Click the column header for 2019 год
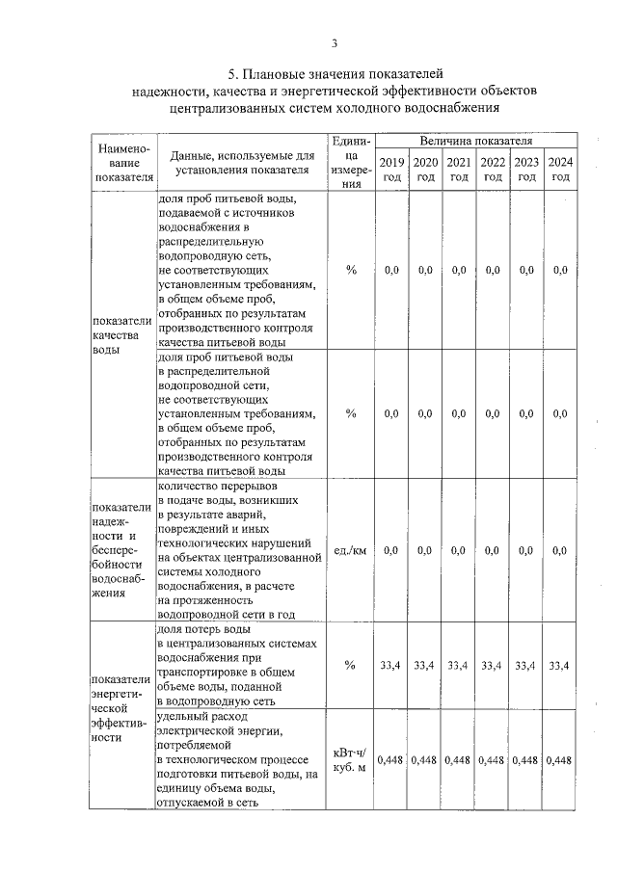tap(391, 169)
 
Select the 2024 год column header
tap(560, 169)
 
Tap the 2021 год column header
tap(459, 169)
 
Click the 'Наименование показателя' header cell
tap(121, 163)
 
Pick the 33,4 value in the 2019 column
tap(391, 665)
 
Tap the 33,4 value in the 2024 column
tap(560, 665)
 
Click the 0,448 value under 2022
tap(493, 759)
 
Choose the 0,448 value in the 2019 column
tap(391, 759)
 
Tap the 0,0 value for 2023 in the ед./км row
tap(526, 550)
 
